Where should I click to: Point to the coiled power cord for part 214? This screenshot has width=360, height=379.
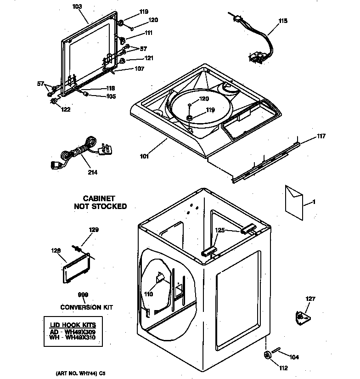(x=81, y=152)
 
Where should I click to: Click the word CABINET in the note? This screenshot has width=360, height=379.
(x=100, y=198)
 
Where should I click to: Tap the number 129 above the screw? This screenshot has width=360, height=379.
(x=93, y=229)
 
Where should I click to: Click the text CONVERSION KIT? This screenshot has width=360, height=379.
(x=86, y=307)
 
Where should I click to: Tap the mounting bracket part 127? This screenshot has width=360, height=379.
(x=302, y=317)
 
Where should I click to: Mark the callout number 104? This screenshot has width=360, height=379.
(x=294, y=356)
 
